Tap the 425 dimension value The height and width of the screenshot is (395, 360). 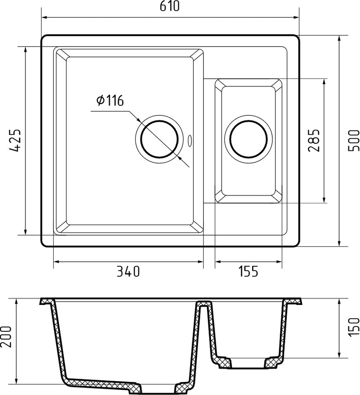[x=15, y=140]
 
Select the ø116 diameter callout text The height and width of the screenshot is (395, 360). [x=110, y=101]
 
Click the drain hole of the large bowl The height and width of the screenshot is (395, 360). [x=159, y=140]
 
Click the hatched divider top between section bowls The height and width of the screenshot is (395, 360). [x=204, y=304]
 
